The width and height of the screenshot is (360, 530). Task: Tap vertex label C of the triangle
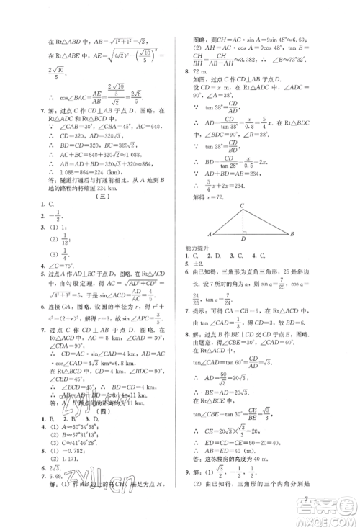pos(241,205)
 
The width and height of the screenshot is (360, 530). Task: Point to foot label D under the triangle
pos(243,240)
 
